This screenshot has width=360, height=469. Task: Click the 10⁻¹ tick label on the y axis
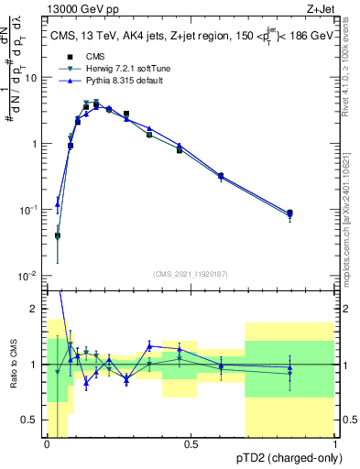[x=29, y=210]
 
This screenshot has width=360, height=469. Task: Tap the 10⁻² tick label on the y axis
[x=29, y=276]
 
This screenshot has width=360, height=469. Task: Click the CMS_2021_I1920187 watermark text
[x=191, y=274]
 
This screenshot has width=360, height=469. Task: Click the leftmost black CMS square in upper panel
[x=58, y=235]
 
